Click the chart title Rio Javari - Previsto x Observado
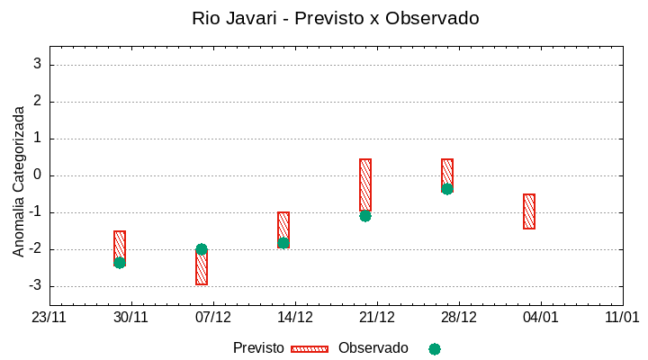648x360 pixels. pyautogui.click(x=335, y=18)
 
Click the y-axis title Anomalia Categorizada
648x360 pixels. pyautogui.click(x=19, y=181)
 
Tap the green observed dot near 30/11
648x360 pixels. pyautogui.click(x=120, y=263)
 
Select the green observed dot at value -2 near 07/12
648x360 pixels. pyautogui.click(x=202, y=249)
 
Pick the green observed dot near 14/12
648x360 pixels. pyautogui.click(x=283, y=243)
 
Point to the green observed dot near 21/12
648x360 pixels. pyautogui.click(x=365, y=216)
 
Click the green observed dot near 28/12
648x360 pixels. pyautogui.click(x=447, y=189)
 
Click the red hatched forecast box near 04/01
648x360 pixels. pyautogui.click(x=529, y=211)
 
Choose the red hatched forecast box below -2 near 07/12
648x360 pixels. pyautogui.click(x=202, y=269)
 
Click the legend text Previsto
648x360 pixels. pyautogui.click(x=258, y=348)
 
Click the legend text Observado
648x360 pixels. pyautogui.click(x=373, y=348)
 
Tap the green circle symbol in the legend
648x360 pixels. pyautogui.click(x=435, y=349)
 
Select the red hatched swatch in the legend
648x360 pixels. pyautogui.click(x=310, y=349)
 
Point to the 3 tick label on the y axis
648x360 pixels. pyautogui.click(x=38, y=64)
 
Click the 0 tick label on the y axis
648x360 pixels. pyautogui.click(x=38, y=175)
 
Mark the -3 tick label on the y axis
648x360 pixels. pyautogui.click(x=35, y=286)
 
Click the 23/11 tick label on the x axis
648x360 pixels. pyautogui.click(x=49, y=318)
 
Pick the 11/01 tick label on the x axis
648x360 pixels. pyautogui.click(x=622, y=318)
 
